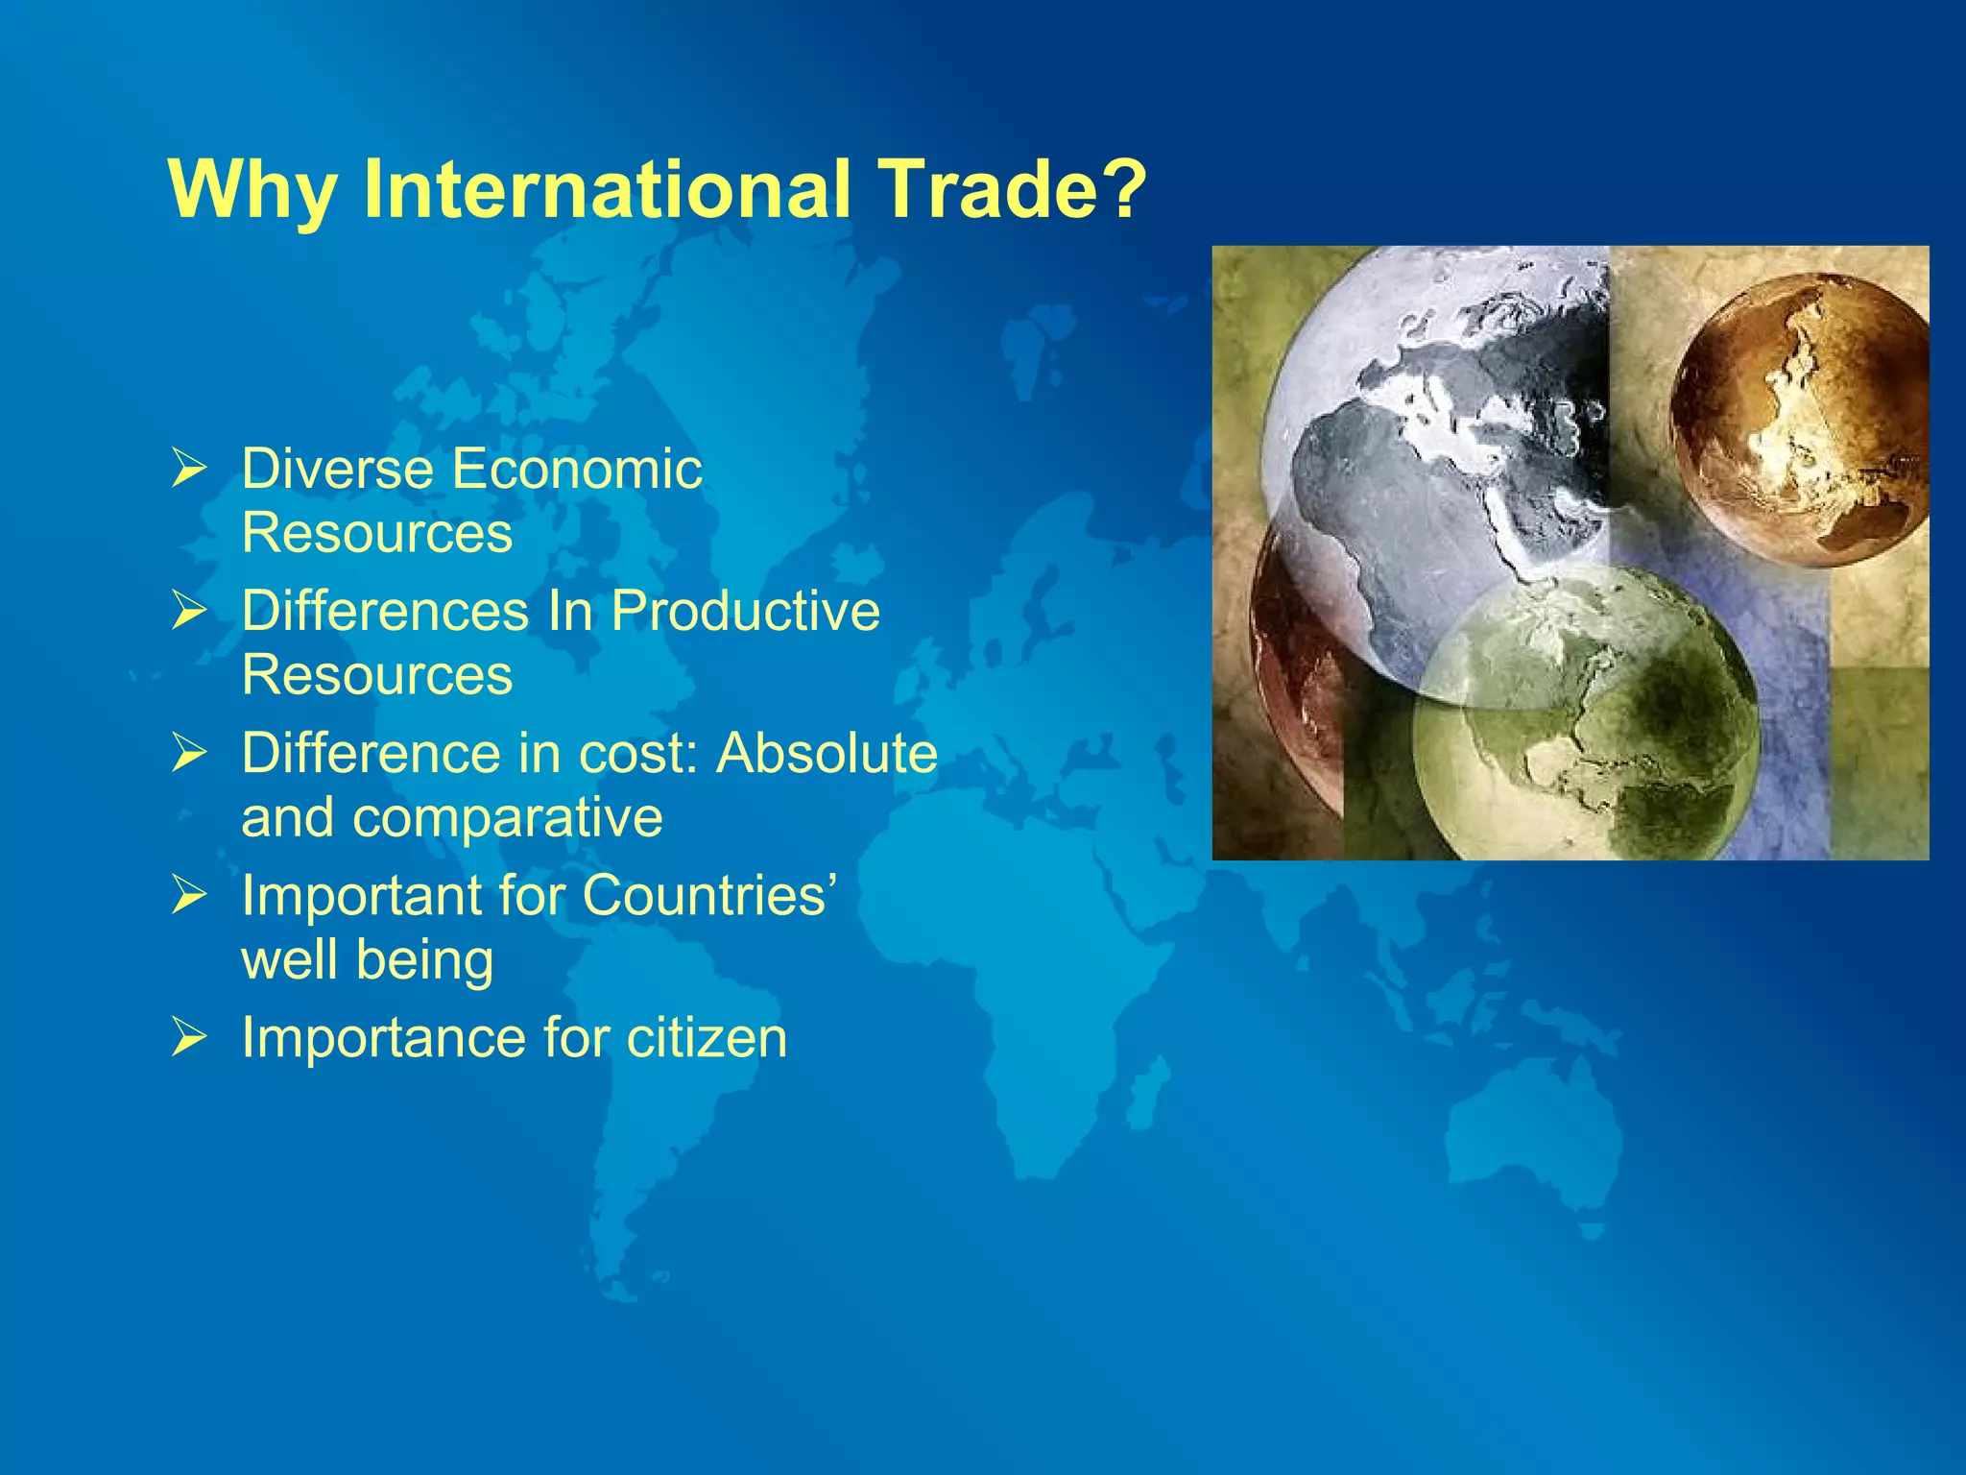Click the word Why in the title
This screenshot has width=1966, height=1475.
pyautogui.click(x=252, y=189)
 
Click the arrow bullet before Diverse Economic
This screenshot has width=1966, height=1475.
pyautogui.click(x=189, y=471)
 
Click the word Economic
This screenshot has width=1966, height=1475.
pyautogui.click(x=577, y=470)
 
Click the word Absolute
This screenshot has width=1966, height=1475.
pyautogui.click(x=827, y=754)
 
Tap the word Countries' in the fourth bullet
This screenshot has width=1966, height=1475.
pyautogui.click(x=709, y=896)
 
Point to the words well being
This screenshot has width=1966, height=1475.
pyautogui.click(x=368, y=960)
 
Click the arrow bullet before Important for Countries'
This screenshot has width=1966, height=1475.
pyautogui.click(x=189, y=896)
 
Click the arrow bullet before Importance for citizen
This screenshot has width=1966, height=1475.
pyautogui.click(x=189, y=1038)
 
